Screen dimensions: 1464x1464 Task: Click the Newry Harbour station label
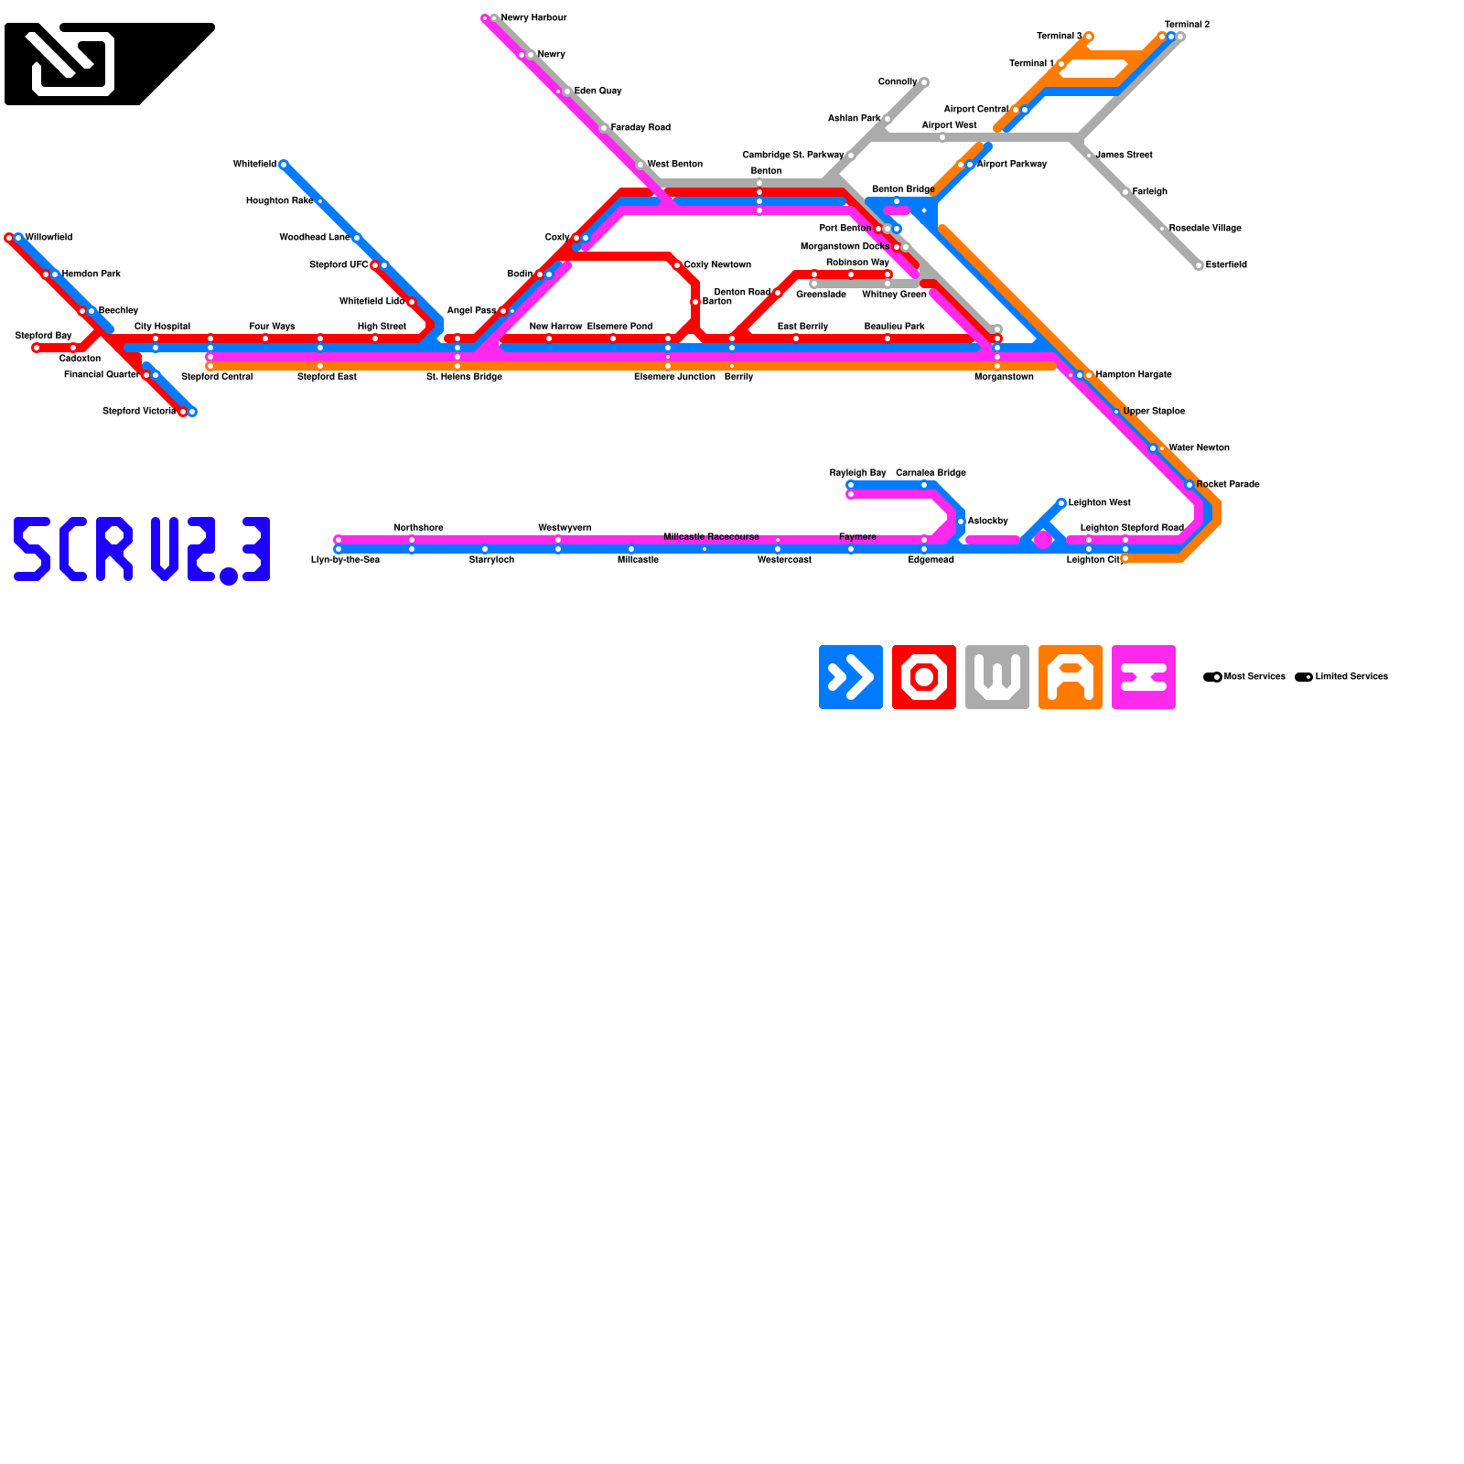(533, 18)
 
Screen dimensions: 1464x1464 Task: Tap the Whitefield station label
(254, 165)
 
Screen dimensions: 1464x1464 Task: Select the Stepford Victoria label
(138, 412)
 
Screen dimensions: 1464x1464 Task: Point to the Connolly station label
(898, 82)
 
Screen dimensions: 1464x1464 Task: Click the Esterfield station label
(1226, 265)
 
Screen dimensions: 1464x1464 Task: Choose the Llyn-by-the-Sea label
(345, 560)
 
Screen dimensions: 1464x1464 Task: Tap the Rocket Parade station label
(1228, 485)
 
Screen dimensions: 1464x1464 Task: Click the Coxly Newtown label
(717, 265)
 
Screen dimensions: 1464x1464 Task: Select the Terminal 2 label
(1187, 25)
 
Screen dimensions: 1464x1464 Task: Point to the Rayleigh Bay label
(857, 473)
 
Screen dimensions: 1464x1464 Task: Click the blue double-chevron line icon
(851, 677)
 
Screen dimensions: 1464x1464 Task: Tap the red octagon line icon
(924, 677)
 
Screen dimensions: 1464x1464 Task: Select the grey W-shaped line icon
(997, 677)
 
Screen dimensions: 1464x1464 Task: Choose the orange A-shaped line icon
(1071, 677)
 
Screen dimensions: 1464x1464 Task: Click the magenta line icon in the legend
(1144, 677)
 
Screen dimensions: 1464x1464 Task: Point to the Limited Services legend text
(1351, 677)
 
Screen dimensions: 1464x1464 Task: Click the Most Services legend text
(1254, 677)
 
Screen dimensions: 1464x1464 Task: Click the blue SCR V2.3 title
(142, 549)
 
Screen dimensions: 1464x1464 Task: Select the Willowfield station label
(48, 238)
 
